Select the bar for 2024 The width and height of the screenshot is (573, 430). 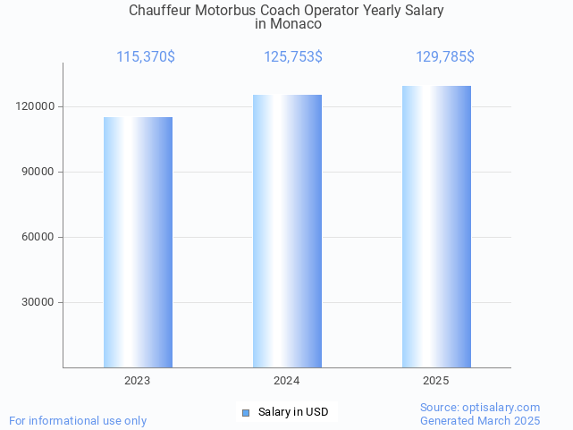point(287,231)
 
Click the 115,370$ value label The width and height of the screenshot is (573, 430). point(146,57)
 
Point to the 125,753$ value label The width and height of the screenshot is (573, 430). point(293,57)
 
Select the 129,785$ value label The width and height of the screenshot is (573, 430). point(445,57)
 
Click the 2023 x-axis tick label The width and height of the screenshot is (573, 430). point(138,381)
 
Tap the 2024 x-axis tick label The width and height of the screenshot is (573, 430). point(287,381)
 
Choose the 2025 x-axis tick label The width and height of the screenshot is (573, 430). point(436,381)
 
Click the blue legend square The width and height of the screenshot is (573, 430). point(246,412)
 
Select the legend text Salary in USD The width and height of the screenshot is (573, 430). point(293,412)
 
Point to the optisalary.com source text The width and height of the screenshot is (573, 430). point(480,408)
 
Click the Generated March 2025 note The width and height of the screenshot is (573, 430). point(480,420)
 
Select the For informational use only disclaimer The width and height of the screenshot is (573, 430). point(78,420)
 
